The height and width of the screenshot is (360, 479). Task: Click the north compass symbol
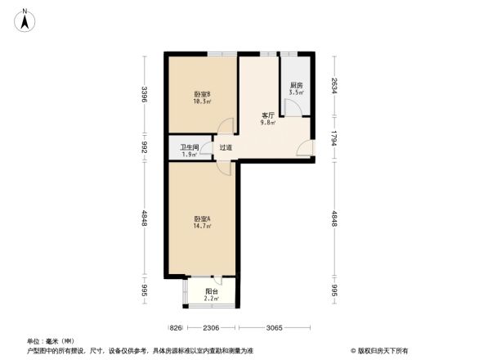[25, 18]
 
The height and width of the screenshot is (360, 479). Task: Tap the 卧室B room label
[202, 94]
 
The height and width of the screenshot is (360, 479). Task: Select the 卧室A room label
[203, 218]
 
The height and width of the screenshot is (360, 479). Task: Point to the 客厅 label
[267, 115]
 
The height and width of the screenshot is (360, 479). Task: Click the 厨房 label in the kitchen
[296, 86]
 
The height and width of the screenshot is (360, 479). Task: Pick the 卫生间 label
[190, 147]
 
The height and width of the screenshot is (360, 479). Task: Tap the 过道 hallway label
[226, 148]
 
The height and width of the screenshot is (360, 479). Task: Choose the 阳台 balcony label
[211, 290]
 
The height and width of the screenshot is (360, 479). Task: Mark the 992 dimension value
[143, 147]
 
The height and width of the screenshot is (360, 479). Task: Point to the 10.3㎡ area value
[202, 101]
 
